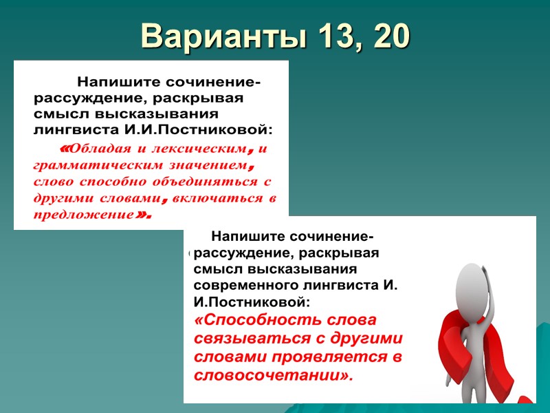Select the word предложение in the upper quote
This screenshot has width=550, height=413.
tap(82, 215)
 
